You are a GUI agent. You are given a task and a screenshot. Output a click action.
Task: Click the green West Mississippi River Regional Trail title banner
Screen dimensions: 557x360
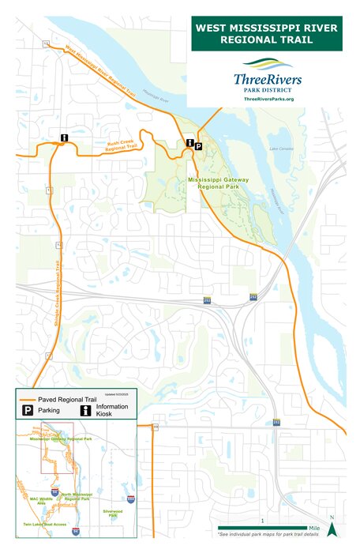pos(268,33)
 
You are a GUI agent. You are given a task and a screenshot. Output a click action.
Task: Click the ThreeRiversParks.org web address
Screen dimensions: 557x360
pos(268,99)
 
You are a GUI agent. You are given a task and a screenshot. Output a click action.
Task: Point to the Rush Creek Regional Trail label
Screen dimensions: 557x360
pos(122,146)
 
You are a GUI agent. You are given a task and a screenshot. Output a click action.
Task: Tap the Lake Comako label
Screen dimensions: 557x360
pos(280,149)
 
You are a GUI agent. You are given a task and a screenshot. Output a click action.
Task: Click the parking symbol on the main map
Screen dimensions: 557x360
pos(198,146)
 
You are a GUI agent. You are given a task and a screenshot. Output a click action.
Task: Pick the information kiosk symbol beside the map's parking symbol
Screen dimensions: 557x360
pos(189,143)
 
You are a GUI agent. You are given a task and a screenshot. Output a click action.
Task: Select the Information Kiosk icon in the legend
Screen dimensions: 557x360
pos(84,411)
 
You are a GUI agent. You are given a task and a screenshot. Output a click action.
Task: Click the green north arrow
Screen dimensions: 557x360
pos(332,528)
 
